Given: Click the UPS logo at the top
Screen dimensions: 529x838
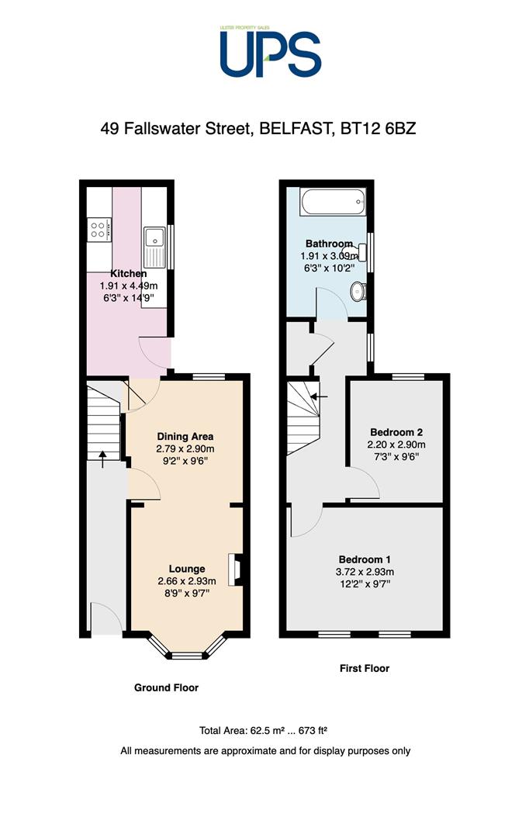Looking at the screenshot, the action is click(271, 53).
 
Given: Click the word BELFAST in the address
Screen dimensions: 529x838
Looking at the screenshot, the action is click(293, 129).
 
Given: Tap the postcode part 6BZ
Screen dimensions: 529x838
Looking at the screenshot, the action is click(400, 129).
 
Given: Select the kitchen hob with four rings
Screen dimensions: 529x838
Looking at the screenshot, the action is click(99, 230).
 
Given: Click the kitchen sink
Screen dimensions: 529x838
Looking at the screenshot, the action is click(154, 243).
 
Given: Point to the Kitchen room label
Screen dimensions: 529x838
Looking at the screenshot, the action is click(128, 274).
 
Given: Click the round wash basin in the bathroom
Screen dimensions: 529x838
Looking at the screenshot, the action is click(358, 292).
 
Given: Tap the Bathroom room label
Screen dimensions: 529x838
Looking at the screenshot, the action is click(329, 244).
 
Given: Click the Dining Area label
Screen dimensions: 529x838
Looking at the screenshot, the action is click(185, 437).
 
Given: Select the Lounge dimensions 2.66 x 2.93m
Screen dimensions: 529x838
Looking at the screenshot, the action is click(187, 581).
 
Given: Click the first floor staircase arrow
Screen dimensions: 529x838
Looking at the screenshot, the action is click(319, 396).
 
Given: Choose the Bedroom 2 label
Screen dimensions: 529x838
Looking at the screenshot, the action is click(396, 432).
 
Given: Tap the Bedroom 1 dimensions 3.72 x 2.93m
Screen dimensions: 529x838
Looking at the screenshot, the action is click(365, 572).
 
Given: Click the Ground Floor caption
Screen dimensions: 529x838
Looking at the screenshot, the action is click(166, 687).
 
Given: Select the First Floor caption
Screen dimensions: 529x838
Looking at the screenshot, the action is click(365, 668).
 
